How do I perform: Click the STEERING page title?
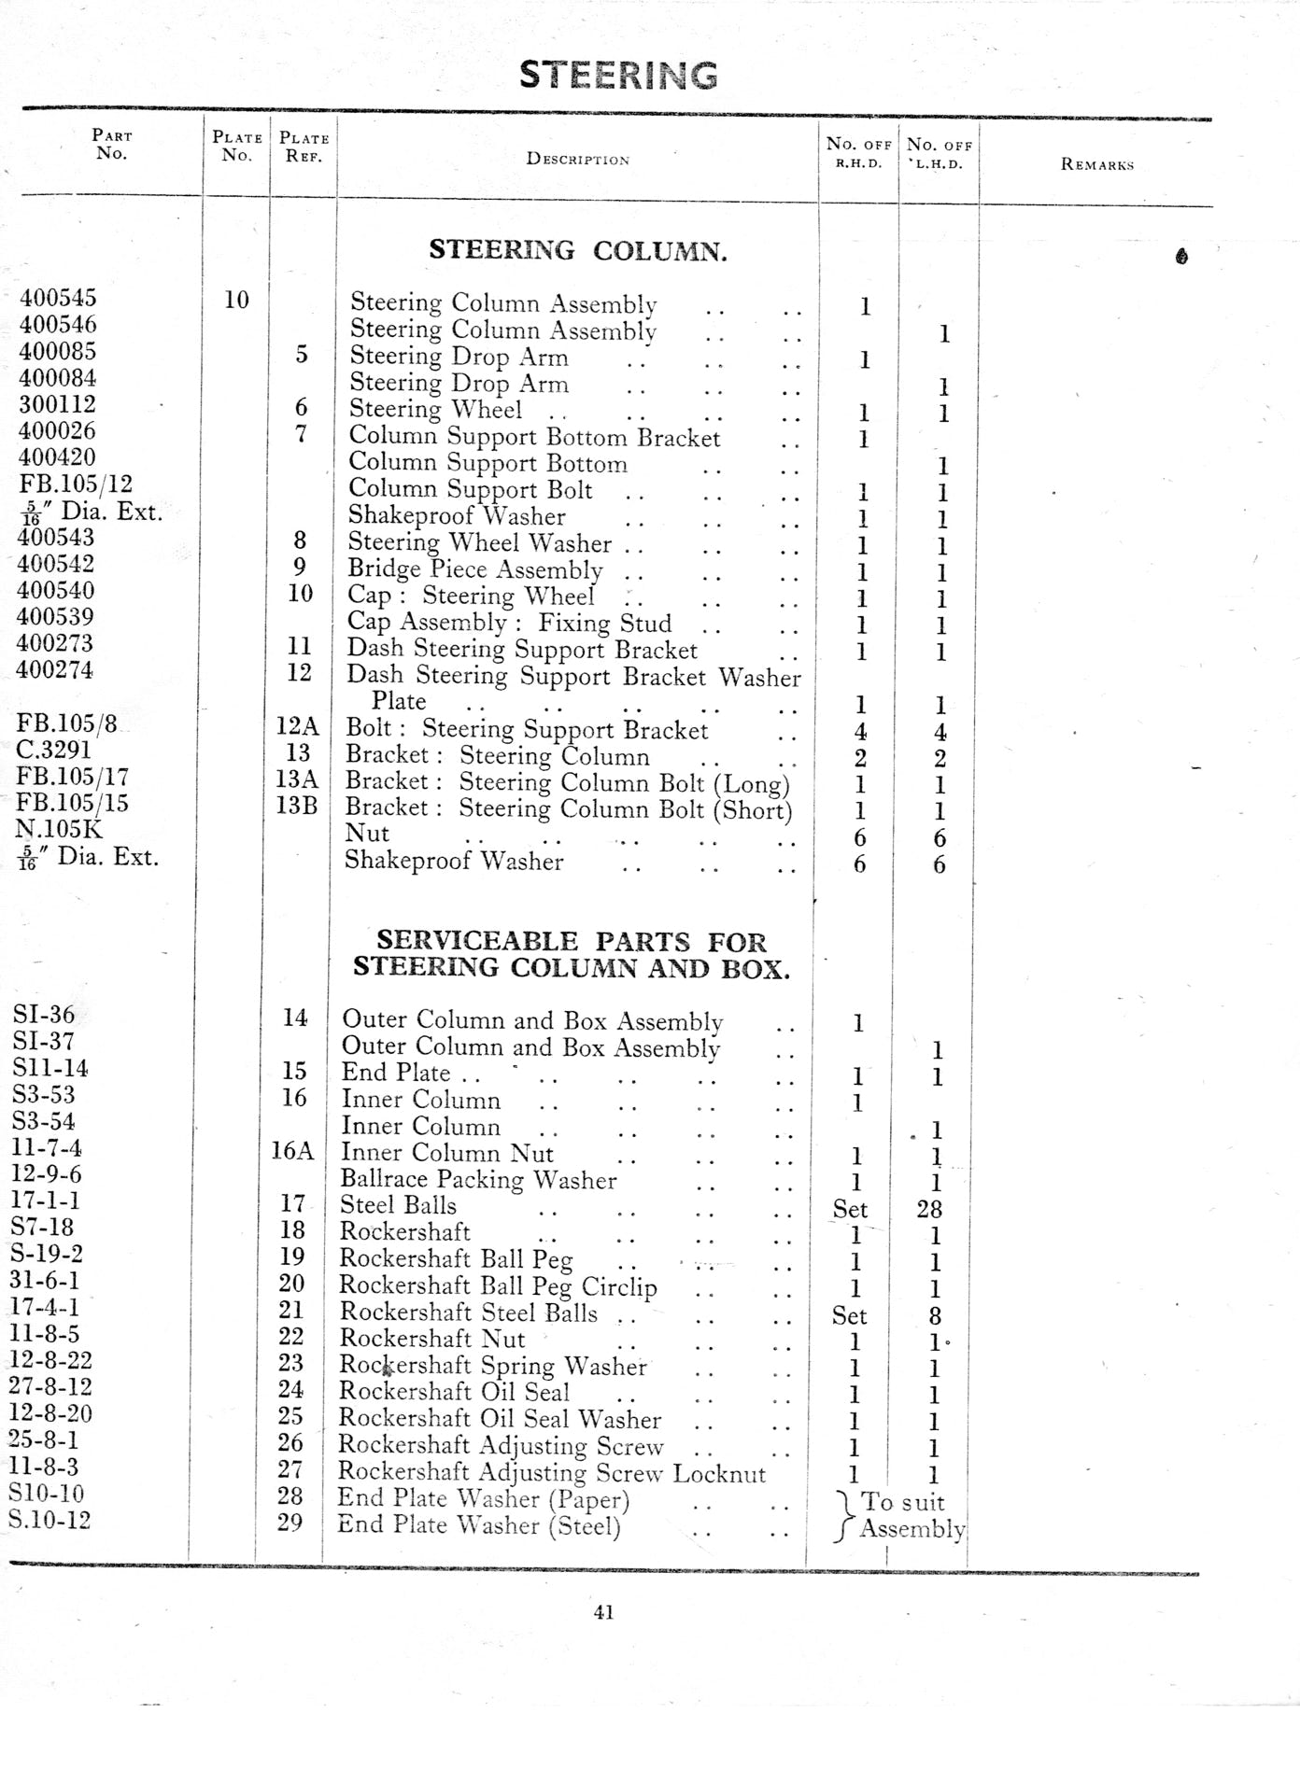pos(618,75)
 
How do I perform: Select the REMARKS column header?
pos(1096,164)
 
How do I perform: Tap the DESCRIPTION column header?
pos(577,160)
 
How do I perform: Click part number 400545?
pos(58,299)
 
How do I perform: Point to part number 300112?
pos(57,404)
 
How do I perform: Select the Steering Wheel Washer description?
pos(479,543)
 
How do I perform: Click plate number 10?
pos(236,300)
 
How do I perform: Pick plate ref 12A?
pos(297,726)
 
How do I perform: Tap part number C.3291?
pos(53,750)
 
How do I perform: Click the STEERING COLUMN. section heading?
pos(577,250)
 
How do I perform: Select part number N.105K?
pos(58,829)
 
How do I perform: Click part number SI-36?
pos(44,1015)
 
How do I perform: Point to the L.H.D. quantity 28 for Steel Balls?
pos(929,1209)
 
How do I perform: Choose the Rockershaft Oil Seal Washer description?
pos(499,1419)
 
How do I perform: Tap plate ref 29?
pos(290,1523)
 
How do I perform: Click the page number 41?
pos(603,1611)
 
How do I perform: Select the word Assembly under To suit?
pos(911,1529)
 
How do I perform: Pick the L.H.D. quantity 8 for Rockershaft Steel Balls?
pos(935,1316)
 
